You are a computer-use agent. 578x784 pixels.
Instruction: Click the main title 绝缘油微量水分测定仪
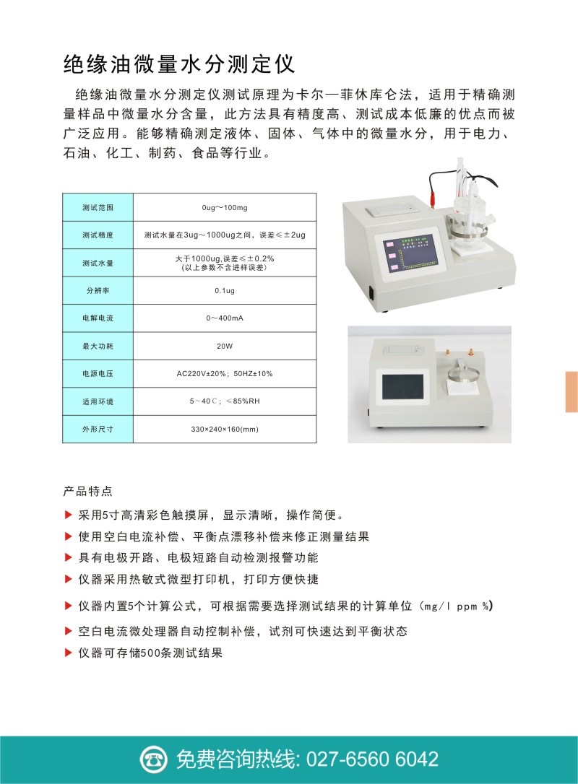178,64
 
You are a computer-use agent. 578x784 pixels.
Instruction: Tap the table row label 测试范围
98,207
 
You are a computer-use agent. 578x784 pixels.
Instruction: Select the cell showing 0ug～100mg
225,207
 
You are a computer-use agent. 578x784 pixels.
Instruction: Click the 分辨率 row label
98,290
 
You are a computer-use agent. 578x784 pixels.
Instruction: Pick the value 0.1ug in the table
225,290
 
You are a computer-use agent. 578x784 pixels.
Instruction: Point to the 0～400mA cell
225,318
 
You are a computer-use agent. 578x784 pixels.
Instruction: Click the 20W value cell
225,346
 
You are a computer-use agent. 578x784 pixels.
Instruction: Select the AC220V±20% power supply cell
225,373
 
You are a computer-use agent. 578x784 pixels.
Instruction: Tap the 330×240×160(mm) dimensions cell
225,429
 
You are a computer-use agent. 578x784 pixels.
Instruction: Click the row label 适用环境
98,401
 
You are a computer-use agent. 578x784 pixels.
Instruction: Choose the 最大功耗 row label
98,346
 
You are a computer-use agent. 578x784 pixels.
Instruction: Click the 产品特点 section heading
88,491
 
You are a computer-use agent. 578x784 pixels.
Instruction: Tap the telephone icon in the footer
153,759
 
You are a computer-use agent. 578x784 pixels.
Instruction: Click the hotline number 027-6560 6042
372,759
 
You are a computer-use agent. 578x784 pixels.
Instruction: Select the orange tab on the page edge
571,391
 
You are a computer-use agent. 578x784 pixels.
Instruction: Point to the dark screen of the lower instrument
406,387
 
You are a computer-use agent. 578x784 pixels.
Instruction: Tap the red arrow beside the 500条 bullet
69,653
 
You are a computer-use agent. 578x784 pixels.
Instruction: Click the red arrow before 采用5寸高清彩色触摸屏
69,515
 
